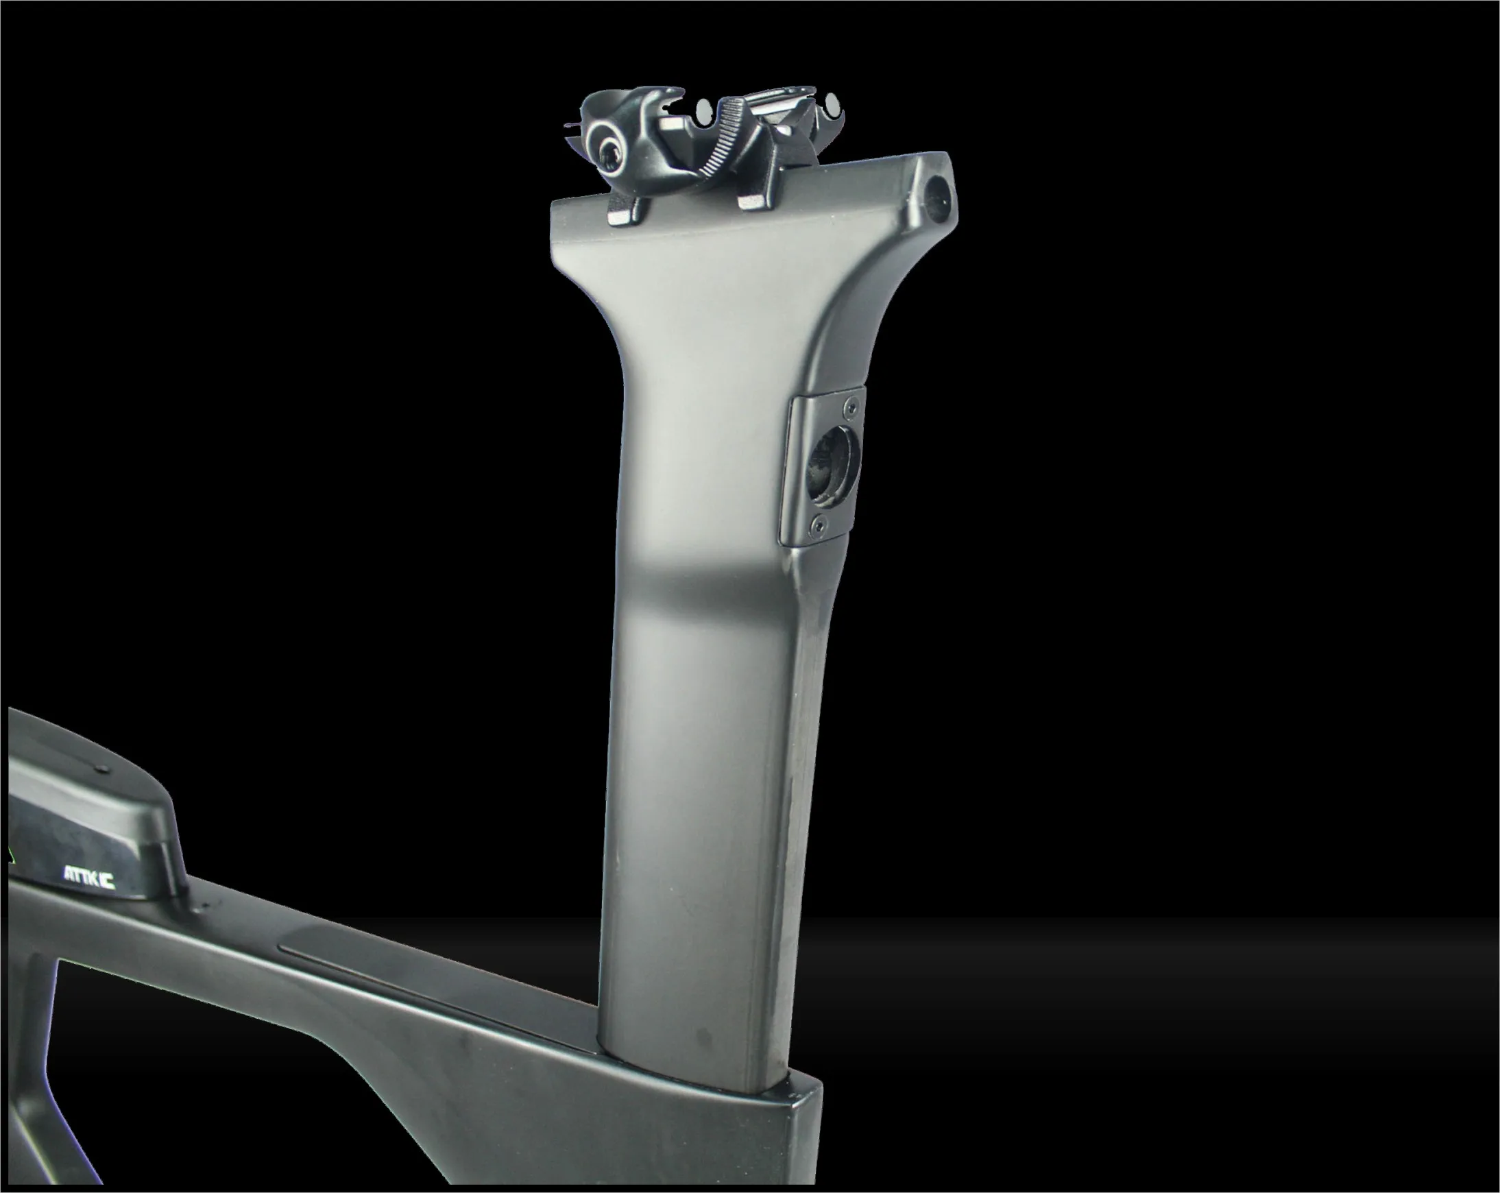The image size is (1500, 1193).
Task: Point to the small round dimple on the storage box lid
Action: point(103,768)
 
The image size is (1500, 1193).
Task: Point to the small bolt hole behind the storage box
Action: point(206,906)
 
